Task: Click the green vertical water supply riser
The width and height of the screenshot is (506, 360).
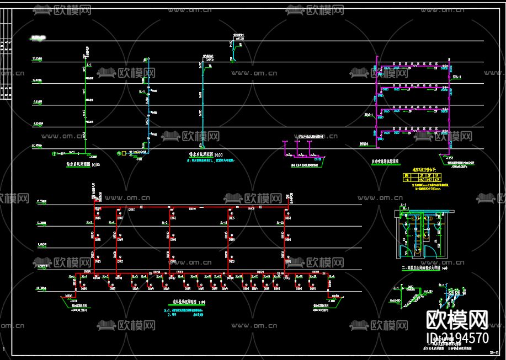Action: [x=84, y=105]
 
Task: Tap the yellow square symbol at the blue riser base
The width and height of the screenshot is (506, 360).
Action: [x=124, y=153]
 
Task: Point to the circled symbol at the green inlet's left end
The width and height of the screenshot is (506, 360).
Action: [x=54, y=153]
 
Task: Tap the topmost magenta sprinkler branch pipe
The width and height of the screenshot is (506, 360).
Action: [x=414, y=66]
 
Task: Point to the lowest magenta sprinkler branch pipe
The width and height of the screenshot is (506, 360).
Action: [x=414, y=131]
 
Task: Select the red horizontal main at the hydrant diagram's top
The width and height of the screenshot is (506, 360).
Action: [x=190, y=208]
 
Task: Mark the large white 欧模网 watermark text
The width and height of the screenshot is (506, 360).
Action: [x=457, y=319]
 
